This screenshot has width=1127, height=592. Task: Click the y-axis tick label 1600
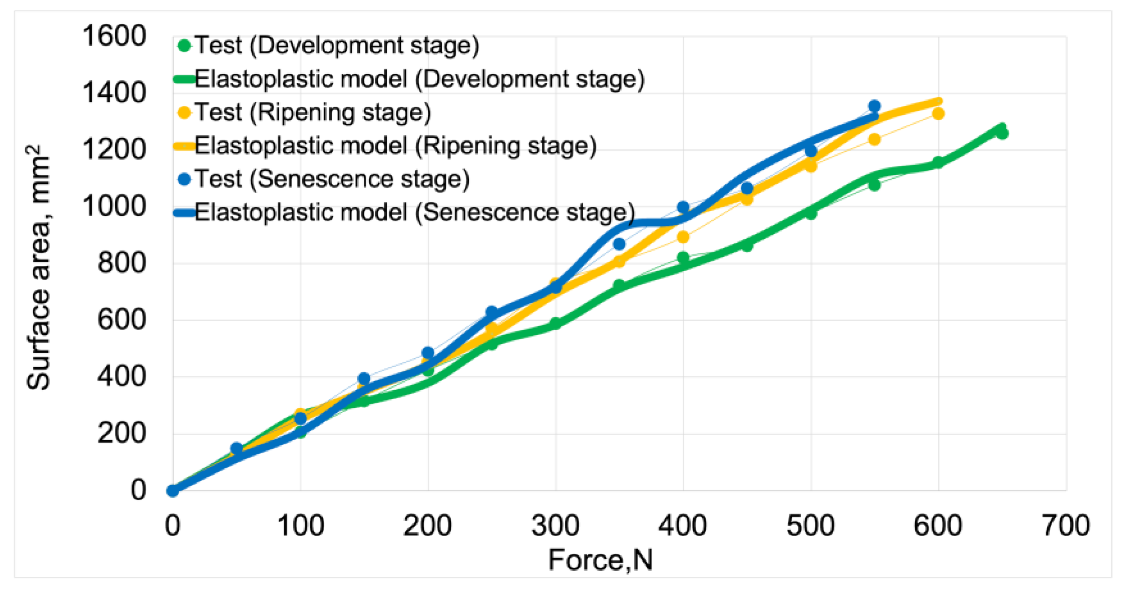point(114,36)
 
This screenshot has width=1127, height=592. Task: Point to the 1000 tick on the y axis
point(114,206)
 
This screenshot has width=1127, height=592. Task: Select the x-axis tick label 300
point(555,525)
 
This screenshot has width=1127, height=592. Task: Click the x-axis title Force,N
point(600,560)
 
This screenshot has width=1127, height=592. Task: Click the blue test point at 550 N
point(874,106)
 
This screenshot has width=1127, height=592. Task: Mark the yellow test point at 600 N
point(938,114)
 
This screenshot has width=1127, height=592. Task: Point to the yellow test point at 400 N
point(683,237)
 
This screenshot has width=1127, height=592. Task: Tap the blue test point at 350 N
point(619,244)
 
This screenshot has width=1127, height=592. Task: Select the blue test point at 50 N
point(236,448)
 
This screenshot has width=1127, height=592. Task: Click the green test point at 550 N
point(874,185)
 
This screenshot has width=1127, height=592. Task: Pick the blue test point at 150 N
point(364,378)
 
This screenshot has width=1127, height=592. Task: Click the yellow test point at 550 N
point(874,139)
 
